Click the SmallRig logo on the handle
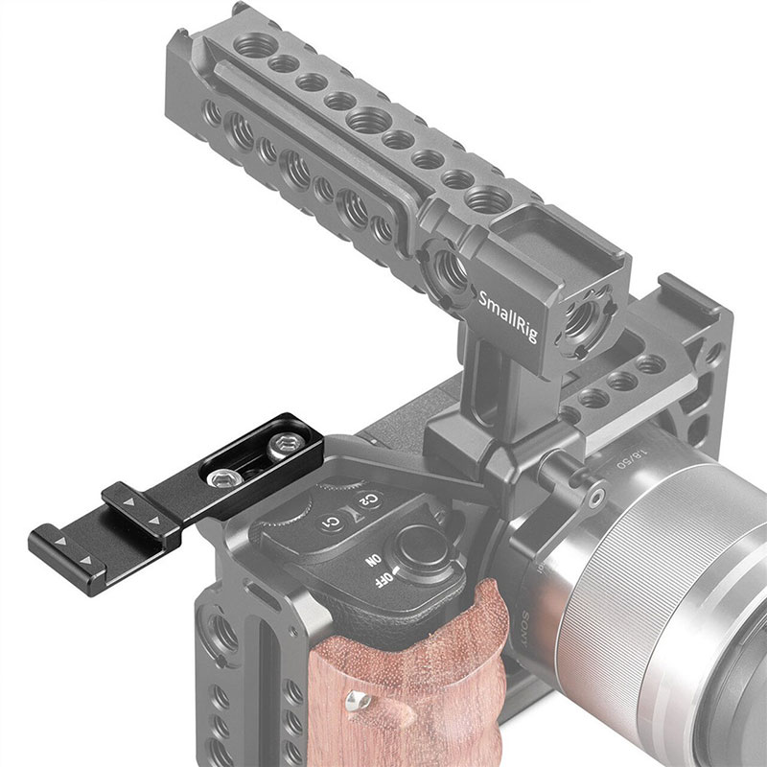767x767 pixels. (514, 292)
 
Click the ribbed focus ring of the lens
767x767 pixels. (662, 575)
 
